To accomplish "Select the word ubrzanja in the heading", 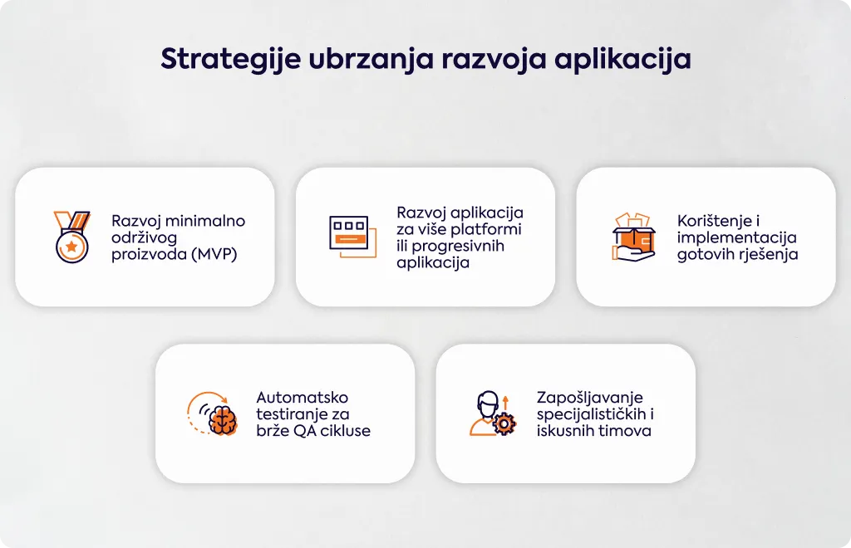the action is pos(371,59).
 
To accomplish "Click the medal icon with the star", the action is pos(71,237).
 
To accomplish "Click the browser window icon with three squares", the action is pos(352,237).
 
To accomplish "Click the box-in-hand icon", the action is pos(634,237).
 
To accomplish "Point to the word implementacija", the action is pos(737,237).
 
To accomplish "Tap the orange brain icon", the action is pos(224,420).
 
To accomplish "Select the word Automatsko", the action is pos(303,398).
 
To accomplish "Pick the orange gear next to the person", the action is pos(504,424).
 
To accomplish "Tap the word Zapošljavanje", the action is pos(590,398).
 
